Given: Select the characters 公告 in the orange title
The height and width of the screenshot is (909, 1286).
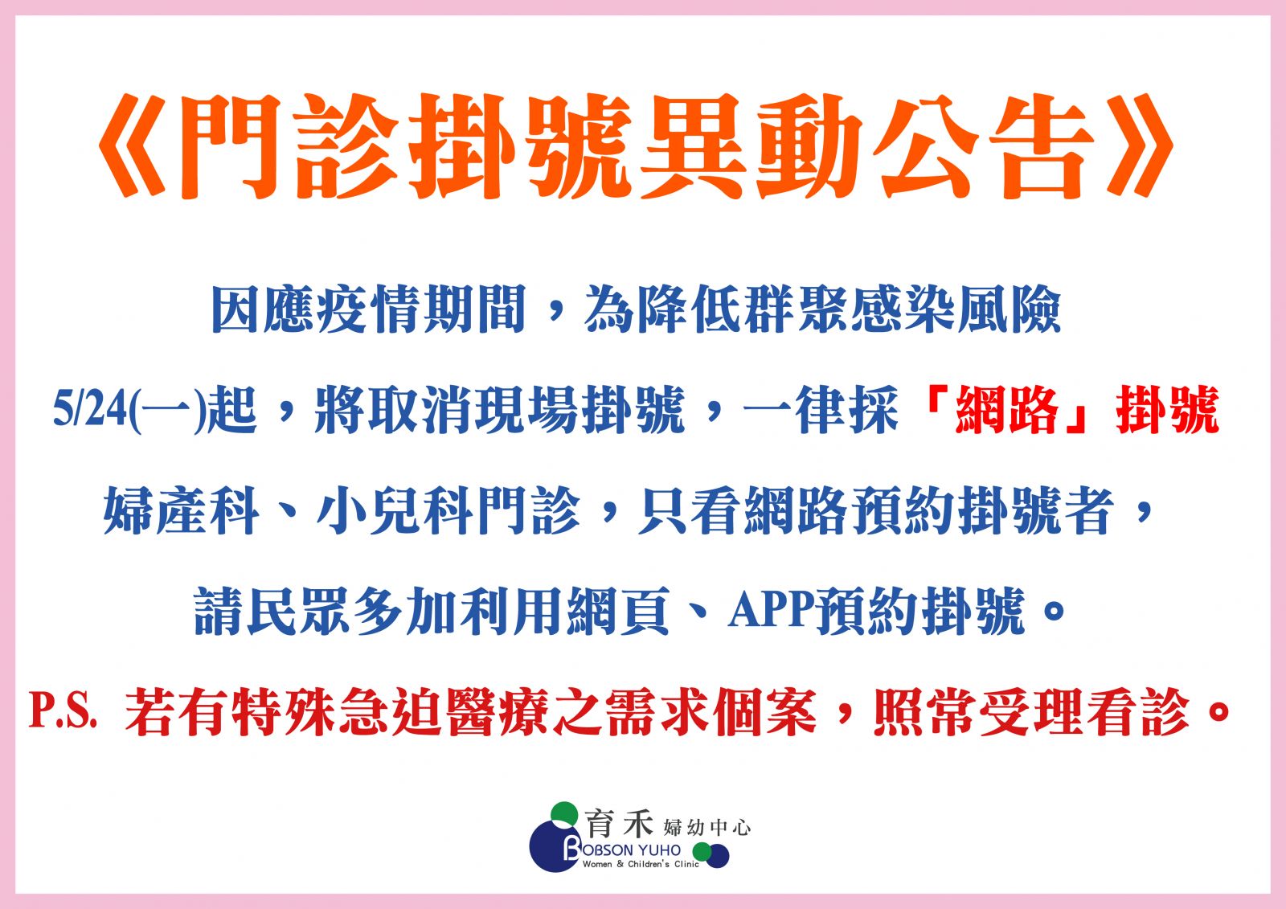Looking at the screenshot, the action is (x=984, y=145).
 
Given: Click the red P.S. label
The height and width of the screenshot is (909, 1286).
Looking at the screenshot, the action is (x=63, y=712).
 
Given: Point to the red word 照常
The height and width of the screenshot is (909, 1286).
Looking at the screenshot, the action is (x=925, y=711).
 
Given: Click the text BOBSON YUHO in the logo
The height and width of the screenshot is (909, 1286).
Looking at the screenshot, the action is (x=622, y=850).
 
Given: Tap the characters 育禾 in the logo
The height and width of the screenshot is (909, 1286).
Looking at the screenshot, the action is (x=619, y=823).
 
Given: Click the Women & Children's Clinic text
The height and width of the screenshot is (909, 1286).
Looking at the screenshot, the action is (x=641, y=864).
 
